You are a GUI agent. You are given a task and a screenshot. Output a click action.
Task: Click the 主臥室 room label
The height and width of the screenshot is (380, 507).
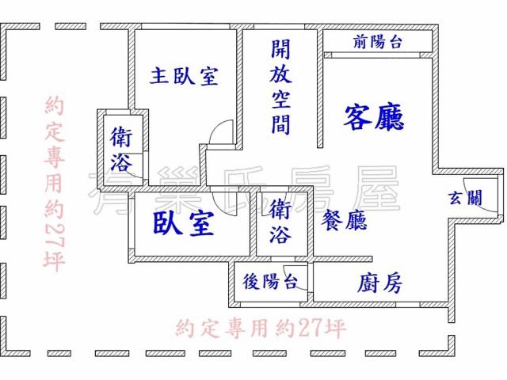pos(184,76)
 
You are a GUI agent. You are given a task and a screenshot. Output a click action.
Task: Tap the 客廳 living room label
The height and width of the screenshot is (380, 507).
pos(374,117)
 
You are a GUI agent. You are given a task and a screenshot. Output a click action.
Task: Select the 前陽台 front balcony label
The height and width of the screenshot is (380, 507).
pos(377,42)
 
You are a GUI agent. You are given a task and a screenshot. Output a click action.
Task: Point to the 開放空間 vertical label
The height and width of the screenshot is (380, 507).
pos(280,86)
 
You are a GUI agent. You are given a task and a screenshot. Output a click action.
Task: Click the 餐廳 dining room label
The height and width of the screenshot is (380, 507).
pos(344,220)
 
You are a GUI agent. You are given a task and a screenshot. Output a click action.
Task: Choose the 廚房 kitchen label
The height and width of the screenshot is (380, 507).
pos(379,283)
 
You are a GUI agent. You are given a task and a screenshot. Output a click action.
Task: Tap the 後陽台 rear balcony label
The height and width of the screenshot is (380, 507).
pos(270,281)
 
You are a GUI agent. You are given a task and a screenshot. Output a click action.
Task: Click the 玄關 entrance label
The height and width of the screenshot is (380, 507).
pos(465,197)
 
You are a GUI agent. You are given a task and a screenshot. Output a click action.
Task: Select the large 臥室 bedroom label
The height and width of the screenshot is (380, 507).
pos(183,223)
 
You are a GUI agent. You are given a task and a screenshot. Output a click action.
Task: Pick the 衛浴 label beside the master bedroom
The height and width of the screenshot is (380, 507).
pos(121,149)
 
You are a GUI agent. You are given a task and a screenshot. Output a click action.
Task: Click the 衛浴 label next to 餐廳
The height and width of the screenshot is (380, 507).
pos(280,222)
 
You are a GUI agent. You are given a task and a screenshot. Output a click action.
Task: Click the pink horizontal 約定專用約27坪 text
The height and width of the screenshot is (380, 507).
pos(261,329)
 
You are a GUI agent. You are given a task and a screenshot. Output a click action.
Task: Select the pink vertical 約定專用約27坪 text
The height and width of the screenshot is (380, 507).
pos(55,184)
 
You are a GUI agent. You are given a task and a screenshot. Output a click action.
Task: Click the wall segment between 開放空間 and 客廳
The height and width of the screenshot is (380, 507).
pos(320,89)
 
